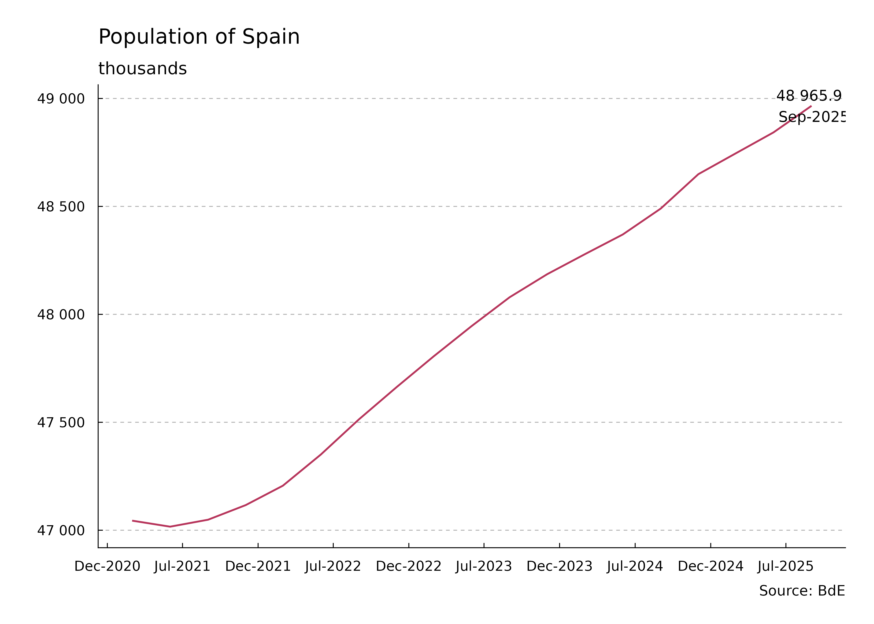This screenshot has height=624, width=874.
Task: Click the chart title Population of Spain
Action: (x=199, y=37)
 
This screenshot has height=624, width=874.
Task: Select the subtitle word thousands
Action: (x=142, y=69)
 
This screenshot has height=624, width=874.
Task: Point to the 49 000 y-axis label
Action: (x=61, y=99)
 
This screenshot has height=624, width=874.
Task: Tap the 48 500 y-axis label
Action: (x=61, y=207)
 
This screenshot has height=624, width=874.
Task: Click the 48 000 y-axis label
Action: (x=61, y=315)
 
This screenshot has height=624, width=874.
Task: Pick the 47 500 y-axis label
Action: (x=61, y=423)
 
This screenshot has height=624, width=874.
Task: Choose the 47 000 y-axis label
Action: (x=61, y=531)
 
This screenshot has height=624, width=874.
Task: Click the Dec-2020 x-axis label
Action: (x=107, y=566)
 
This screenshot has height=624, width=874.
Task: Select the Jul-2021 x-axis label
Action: (x=182, y=566)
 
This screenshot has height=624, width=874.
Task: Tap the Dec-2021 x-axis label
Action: (x=258, y=566)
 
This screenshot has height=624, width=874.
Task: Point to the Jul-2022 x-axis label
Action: (x=333, y=566)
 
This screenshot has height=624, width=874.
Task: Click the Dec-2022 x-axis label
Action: (x=408, y=566)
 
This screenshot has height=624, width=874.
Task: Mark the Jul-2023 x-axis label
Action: (x=484, y=566)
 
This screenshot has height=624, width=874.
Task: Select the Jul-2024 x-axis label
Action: (x=635, y=566)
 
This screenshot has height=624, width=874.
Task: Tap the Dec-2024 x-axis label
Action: (x=711, y=566)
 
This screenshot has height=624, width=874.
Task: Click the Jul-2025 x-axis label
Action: (x=786, y=566)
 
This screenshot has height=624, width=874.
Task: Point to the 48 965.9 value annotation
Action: (x=809, y=96)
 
